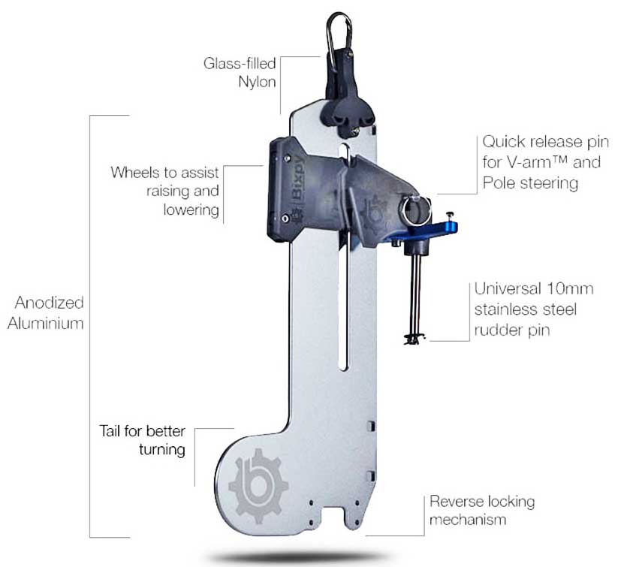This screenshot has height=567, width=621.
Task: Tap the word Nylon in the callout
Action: click(257, 82)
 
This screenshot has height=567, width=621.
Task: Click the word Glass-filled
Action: click(240, 63)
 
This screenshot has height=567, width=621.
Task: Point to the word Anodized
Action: click(49, 303)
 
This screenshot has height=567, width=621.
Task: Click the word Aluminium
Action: click(46, 324)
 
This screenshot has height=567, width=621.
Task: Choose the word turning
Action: click(162, 450)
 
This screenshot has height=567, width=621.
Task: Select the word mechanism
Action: click(468, 520)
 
